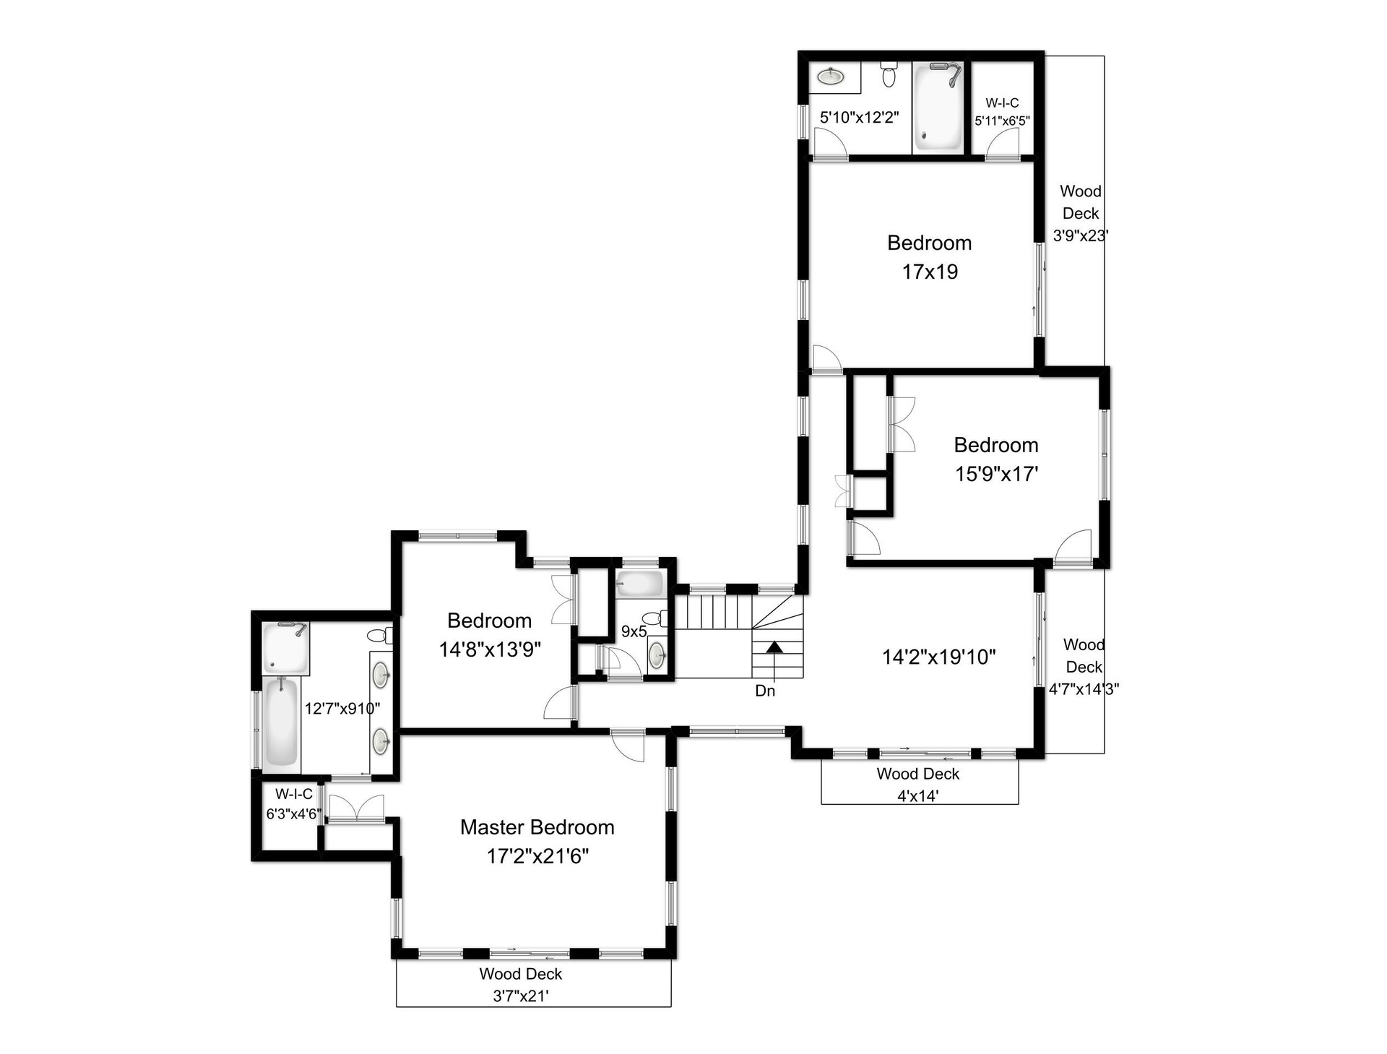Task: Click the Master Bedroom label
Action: (x=537, y=827)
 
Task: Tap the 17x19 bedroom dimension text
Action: (x=930, y=272)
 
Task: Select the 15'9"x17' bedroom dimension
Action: (x=997, y=474)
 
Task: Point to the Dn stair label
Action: (x=765, y=691)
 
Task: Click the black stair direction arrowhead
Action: (x=774, y=647)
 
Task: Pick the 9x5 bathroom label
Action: (x=634, y=631)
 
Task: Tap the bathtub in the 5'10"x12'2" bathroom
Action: (x=938, y=106)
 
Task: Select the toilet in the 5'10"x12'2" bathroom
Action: (x=889, y=74)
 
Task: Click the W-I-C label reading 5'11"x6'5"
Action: (x=1002, y=112)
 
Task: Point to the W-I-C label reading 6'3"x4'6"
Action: (x=294, y=804)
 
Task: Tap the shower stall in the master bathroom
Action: (x=285, y=649)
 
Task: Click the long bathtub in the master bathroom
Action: (x=280, y=722)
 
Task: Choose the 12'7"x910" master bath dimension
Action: (x=342, y=709)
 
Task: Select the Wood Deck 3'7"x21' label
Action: (x=521, y=985)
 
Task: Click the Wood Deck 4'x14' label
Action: (x=918, y=785)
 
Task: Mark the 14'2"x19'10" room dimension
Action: (x=939, y=657)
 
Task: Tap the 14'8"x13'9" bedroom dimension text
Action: (x=490, y=649)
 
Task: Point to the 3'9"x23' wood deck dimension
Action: (x=1081, y=235)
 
